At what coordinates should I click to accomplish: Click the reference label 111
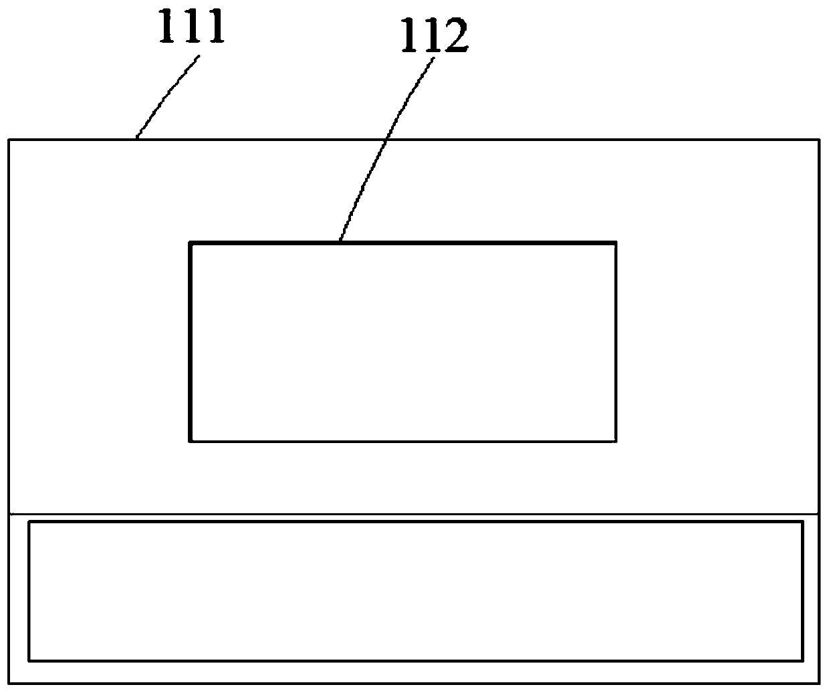[191, 25]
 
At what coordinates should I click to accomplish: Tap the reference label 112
[434, 37]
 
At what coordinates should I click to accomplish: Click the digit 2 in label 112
[456, 37]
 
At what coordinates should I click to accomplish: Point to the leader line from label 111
[167, 97]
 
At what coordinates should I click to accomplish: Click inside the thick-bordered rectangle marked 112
[402, 341]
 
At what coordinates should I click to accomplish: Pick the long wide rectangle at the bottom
[415, 591]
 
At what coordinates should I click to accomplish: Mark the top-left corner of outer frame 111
[9, 140]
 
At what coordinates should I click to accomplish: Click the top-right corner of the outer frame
[819, 140]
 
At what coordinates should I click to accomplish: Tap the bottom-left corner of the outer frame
[9, 683]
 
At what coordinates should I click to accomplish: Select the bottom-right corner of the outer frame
[819, 683]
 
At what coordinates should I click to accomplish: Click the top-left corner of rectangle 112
[191, 243]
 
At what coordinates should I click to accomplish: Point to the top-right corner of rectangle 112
[614, 243]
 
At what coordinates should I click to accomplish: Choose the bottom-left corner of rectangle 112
[191, 440]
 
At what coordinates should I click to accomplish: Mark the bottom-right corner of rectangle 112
[614, 440]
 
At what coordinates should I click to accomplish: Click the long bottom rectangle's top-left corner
[29, 523]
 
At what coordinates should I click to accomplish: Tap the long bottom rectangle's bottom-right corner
[802, 660]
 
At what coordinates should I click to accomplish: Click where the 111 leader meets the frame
[136, 139]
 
